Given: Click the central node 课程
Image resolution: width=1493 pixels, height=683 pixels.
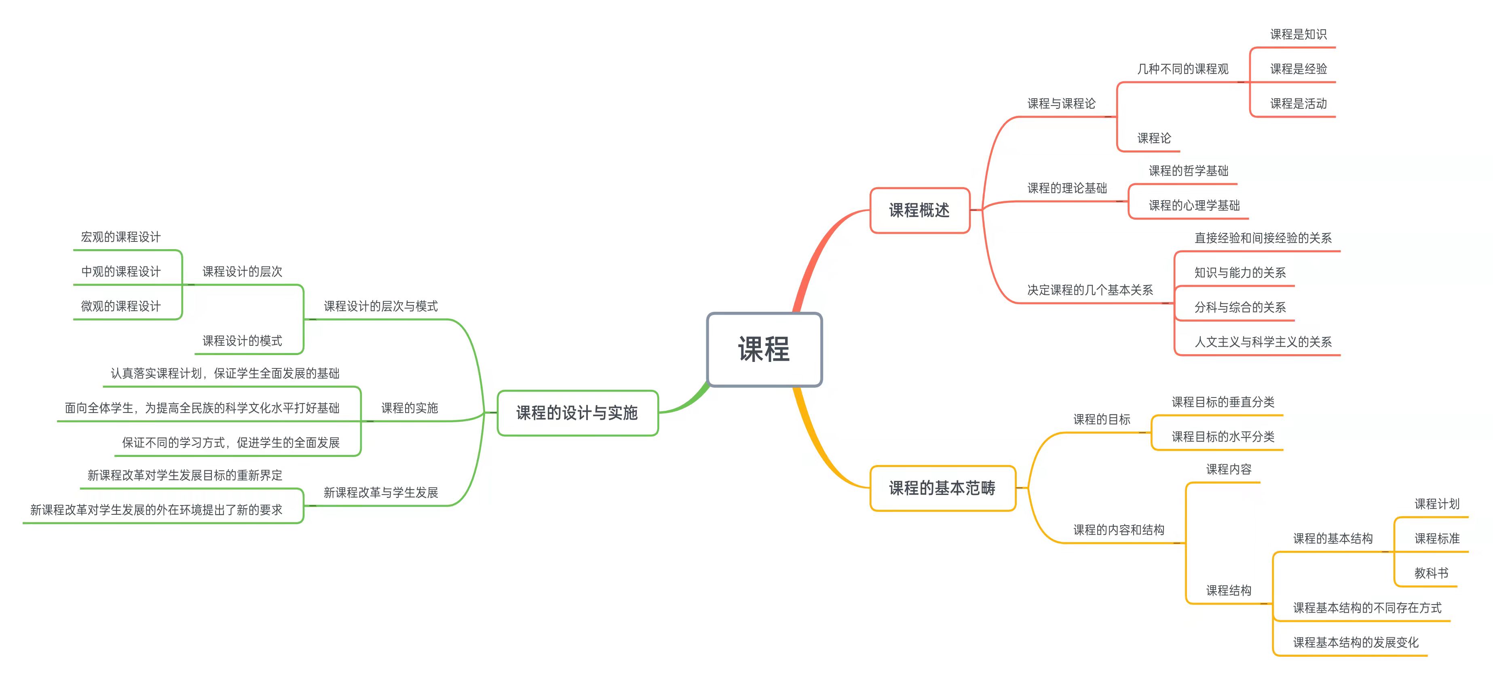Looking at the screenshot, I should click(764, 350).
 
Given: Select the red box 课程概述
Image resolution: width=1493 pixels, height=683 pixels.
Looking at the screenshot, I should click(919, 210).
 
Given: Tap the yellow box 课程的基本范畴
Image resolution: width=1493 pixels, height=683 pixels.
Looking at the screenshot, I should click(942, 488).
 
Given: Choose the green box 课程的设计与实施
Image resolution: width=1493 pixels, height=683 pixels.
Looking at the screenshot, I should click(577, 413).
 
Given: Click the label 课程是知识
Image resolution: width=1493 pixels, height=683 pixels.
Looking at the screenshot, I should click(1298, 34).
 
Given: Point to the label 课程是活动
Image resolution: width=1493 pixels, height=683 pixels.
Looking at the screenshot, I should click(1298, 104).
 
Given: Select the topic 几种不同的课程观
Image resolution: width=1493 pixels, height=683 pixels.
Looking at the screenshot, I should click(1183, 69).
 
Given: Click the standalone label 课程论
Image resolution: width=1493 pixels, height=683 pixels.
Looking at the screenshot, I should click(1154, 138).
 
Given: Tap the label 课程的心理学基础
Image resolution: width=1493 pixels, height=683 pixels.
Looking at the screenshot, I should click(1194, 205).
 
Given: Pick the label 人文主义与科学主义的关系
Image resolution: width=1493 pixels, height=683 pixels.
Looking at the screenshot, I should click(1263, 342).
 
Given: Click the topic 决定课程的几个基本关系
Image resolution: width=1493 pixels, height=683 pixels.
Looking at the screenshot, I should click(1090, 290).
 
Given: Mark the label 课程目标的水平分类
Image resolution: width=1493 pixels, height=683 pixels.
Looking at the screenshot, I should click(1223, 437).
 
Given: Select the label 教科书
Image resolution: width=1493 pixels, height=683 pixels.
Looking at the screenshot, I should click(1431, 573).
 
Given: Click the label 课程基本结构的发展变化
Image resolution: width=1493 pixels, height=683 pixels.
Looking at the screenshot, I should click(1356, 643).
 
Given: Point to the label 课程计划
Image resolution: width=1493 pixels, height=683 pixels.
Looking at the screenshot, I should click(1437, 504).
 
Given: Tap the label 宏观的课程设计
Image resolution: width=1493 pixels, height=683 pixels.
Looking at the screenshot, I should click(120, 237).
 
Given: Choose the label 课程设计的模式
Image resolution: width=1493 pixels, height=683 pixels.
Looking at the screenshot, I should click(242, 341).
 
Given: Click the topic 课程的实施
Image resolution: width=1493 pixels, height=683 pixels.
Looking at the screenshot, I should click(409, 408).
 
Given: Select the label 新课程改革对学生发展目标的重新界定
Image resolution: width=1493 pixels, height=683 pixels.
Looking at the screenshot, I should click(185, 476).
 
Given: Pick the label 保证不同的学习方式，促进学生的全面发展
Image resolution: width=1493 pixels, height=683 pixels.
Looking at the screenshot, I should click(231, 443).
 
